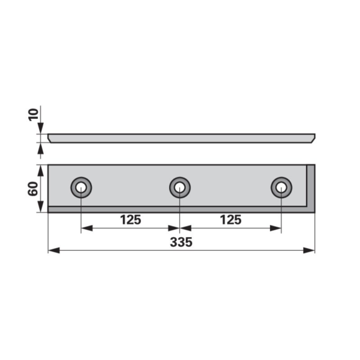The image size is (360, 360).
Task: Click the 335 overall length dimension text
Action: point(181,242)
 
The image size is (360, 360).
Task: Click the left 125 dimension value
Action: point(130,220)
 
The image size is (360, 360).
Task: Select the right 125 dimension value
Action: point(230,220)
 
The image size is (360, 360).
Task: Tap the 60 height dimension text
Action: point(33,188)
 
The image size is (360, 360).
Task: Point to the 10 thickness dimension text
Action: point(34,115)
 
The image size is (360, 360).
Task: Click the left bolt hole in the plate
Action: point(81,188)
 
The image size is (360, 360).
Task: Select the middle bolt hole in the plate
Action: point(180,188)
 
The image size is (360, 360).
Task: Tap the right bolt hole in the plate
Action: point(281,188)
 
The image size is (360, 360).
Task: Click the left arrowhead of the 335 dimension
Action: point(54,250)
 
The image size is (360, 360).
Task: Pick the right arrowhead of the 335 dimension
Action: point(309,250)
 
